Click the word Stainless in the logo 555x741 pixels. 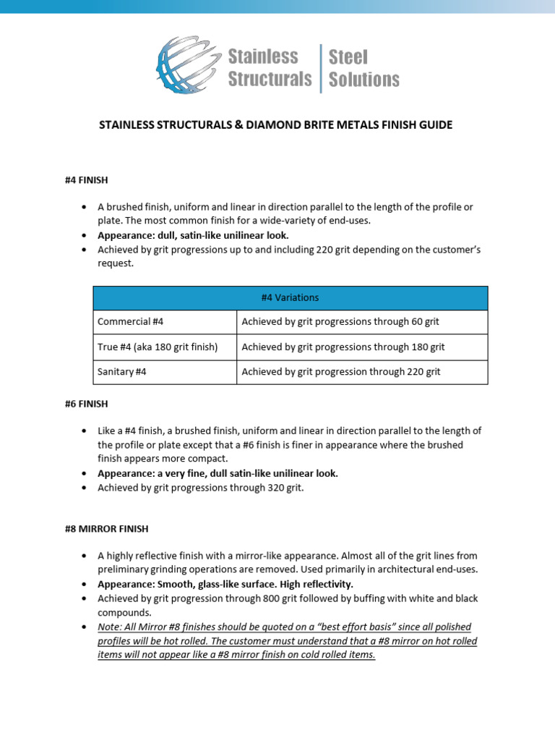262,56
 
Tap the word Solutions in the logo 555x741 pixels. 363,80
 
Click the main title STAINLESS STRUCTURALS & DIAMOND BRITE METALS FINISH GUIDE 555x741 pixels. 275,125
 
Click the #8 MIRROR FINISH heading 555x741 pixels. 106,528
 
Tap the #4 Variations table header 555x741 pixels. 290,297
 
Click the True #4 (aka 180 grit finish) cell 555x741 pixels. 158,347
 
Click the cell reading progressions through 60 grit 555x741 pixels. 340,322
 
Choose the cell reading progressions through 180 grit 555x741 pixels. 343,347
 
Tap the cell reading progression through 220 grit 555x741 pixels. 341,371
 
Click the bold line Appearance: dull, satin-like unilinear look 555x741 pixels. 193,235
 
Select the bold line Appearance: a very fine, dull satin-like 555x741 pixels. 218,473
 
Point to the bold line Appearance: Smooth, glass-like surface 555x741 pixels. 225,584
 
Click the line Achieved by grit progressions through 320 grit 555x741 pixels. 201,488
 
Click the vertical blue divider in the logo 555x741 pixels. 321,68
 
